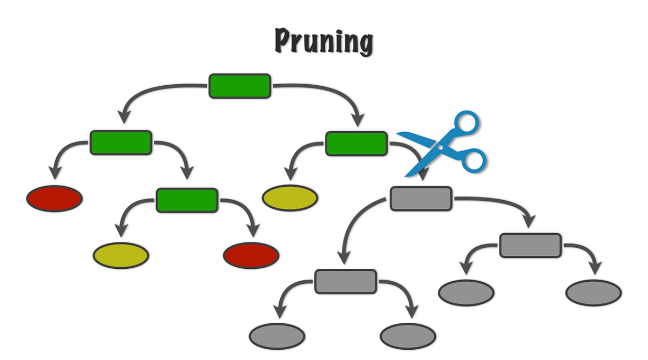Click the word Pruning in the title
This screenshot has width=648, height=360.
[x=323, y=42]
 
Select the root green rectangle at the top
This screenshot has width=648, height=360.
[x=239, y=86]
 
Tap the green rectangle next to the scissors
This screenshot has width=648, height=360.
[x=356, y=143]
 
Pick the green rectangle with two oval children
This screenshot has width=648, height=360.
[x=187, y=200]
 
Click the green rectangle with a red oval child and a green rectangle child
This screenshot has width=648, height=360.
[x=120, y=142]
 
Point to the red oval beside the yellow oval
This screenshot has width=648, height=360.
[x=251, y=255]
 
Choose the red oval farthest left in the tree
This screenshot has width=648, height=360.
[x=55, y=198]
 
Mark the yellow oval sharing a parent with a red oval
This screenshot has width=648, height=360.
[x=121, y=255]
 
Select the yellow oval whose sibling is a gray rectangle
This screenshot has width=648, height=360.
[x=290, y=198]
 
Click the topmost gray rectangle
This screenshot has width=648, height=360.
[x=421, y=199]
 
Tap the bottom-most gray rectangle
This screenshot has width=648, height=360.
[x=346, y=281]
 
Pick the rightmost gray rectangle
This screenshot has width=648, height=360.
[x=530, y=246]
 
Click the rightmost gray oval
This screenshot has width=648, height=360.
[x=593, y=293]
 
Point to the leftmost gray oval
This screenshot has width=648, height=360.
[x=276, y=337]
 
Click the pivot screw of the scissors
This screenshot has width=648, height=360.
[x=440, y=146]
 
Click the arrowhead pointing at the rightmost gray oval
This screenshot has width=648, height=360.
[x=596, y=268]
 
